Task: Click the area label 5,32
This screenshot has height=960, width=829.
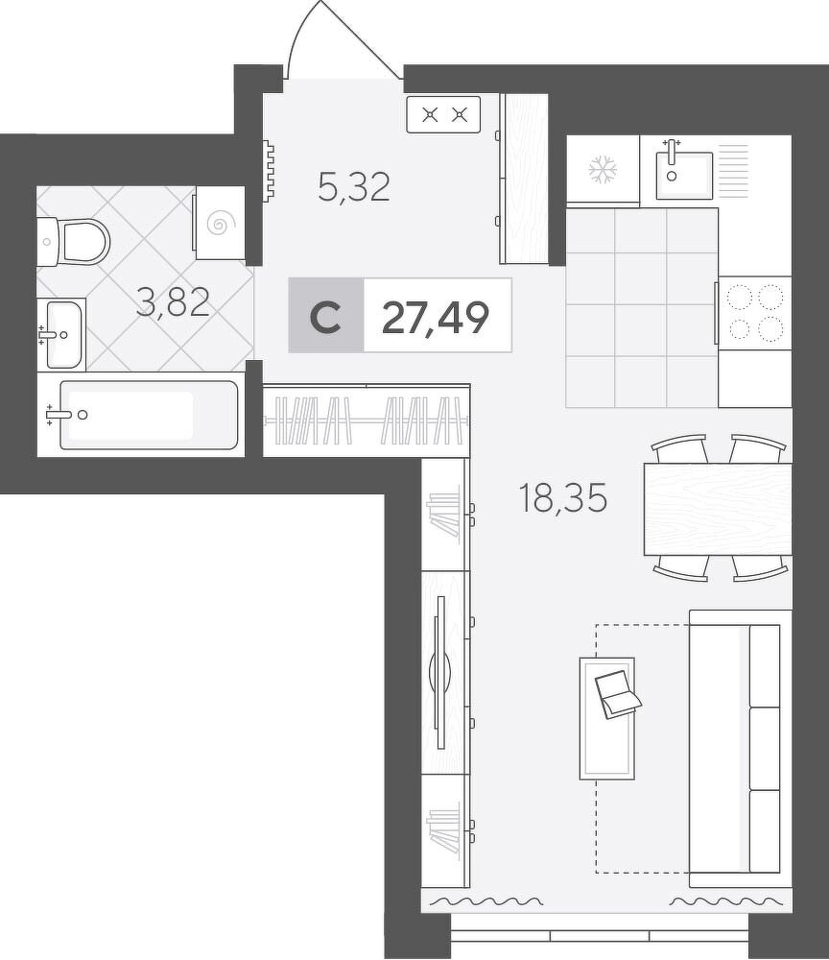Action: [354, 187]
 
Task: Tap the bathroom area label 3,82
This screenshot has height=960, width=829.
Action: [173, 302]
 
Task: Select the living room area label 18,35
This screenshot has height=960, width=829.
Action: [562, 497]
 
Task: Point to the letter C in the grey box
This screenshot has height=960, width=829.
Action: [325, 318]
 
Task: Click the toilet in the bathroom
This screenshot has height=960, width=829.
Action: [74, 241]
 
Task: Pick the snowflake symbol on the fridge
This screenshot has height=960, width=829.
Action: [603, 170]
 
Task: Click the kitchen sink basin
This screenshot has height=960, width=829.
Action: [685, 175]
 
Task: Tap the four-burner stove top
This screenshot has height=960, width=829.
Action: [754, 313]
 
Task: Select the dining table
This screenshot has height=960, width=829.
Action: [718, 509]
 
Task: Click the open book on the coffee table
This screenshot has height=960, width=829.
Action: [617, 694]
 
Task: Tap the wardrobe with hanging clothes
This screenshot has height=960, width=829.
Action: [367, 420]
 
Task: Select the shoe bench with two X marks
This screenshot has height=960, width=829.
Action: [443, 114]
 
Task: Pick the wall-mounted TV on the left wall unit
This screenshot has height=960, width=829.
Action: [439, 672]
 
